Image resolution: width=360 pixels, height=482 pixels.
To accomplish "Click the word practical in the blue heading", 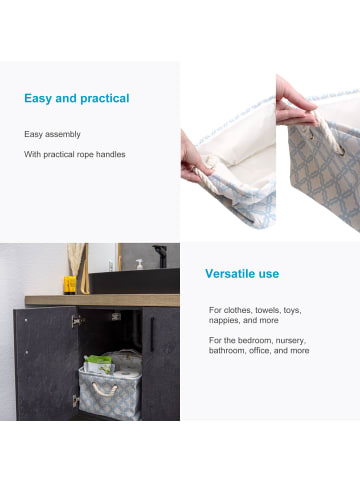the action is pos(105,99).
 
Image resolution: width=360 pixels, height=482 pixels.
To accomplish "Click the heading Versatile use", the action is pos(242,274).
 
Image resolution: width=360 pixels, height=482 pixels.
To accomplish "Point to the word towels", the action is pos(268,310).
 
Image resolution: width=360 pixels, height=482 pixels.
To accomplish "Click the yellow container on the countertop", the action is pos(70,285).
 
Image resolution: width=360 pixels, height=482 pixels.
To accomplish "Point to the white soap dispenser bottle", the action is pos(139,264).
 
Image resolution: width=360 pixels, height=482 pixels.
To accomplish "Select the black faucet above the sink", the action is pos(161,256).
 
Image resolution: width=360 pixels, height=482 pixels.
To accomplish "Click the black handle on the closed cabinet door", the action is pos(152,334).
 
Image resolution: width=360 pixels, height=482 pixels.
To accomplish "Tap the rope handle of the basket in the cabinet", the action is pos(105,390).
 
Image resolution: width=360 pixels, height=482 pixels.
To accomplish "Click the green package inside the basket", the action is pos(99,364).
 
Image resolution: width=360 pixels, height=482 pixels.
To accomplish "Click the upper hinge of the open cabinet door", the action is pos(77,321).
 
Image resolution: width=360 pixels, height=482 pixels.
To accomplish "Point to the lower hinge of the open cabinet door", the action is pos(76,401).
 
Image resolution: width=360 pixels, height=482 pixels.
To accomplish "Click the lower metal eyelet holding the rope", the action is pos(341,152).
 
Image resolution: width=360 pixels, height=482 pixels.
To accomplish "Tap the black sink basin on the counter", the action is pos(134,281).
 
